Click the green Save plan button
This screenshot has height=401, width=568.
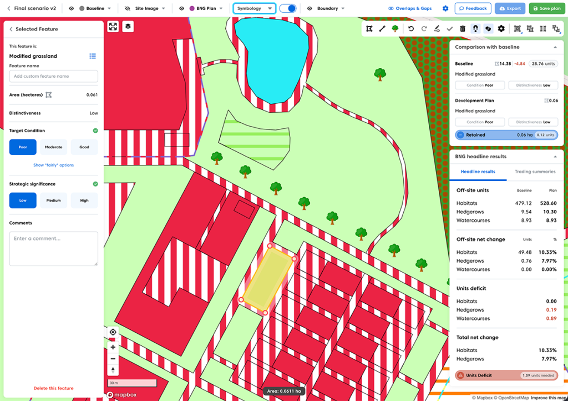click(545, 8)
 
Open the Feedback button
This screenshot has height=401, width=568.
click(473, 8)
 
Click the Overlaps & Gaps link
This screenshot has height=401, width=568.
click(410, 8)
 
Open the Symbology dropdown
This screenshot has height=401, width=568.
click(254, 8)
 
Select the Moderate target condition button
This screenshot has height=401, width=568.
click(53, 147)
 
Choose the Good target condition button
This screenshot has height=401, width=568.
click(84, 147)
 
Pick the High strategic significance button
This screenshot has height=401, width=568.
click(84, 200)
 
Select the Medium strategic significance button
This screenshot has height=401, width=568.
click(53, 200)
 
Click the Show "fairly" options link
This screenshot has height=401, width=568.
click(53, 165)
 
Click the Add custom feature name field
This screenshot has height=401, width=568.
click(53, 76)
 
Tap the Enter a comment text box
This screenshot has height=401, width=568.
click(53, 248)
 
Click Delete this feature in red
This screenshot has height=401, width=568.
click(53, 388)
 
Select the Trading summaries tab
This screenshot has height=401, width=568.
click(535, 172)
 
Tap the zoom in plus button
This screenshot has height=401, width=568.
click(113, 347)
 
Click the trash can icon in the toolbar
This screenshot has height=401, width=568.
click(463, 28)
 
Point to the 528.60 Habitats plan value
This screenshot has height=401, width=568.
click(548, 203)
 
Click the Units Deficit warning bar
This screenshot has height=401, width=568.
click(506, 375)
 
